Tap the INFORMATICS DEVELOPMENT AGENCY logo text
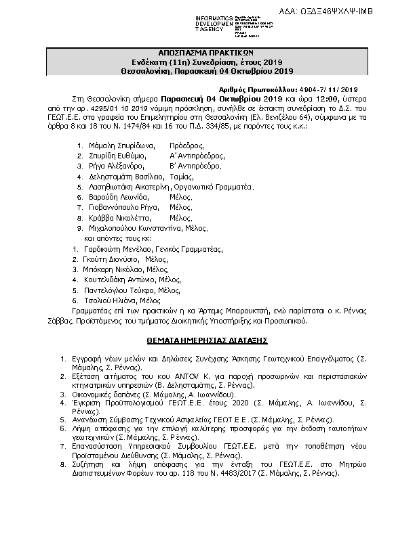[x=215, y=24]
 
